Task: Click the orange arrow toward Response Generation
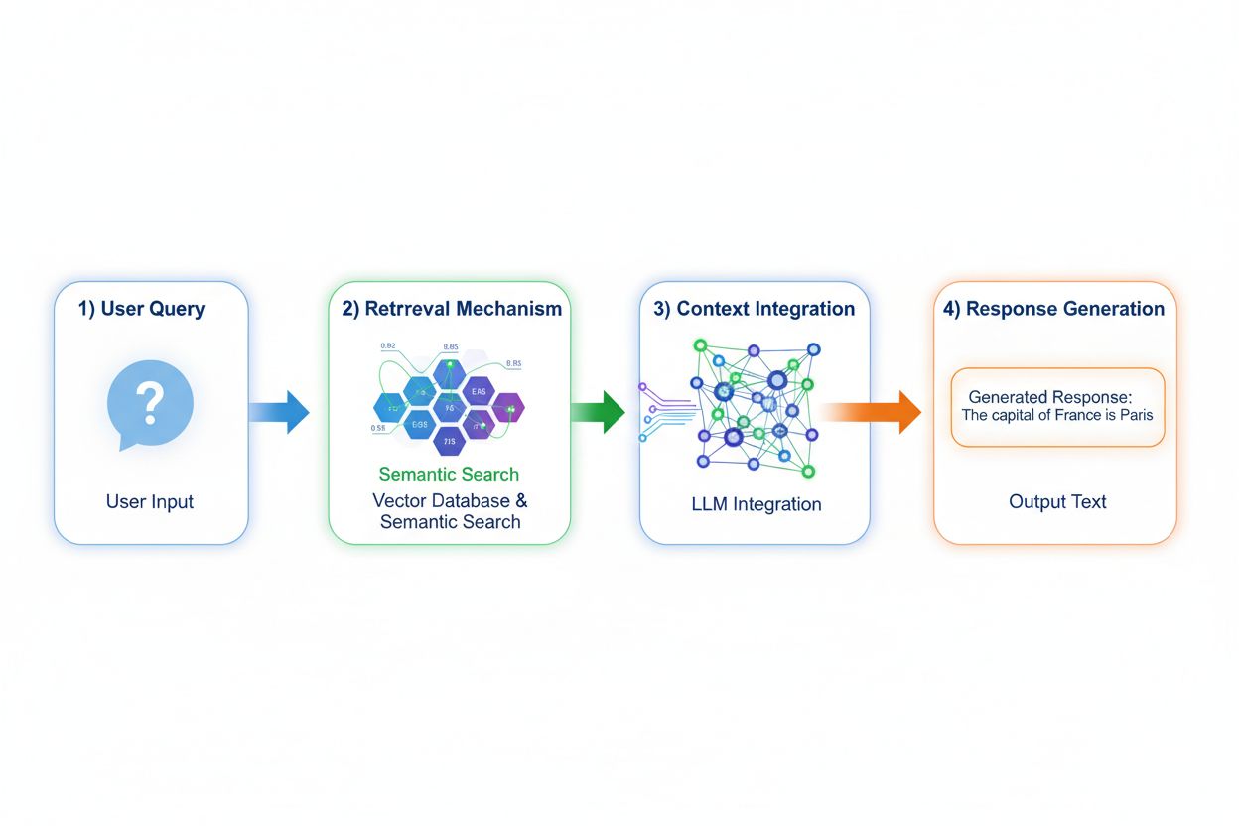pyautogui.click(x=874, y=411)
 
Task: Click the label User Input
pyautogui.click(x=150, y=502)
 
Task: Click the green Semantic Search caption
pyautogui.click(x=449, y=474)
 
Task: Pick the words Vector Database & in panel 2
pyautogui.click(x=450, y=500)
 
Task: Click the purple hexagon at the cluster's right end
pyautogui.click(x=508, y=406)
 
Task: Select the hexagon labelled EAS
pyautogui.click(x=478, y=392)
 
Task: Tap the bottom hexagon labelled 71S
pyautogui.click(x=449, y=440)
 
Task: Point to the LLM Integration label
pyautogui.click(x=756, y=504)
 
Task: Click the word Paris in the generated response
pyautogui.click(x=1136, y=415)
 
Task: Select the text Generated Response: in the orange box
pyautogui.click(x=1050, y=396)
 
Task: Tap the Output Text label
pyautogui.click(x=1057, y=502)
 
